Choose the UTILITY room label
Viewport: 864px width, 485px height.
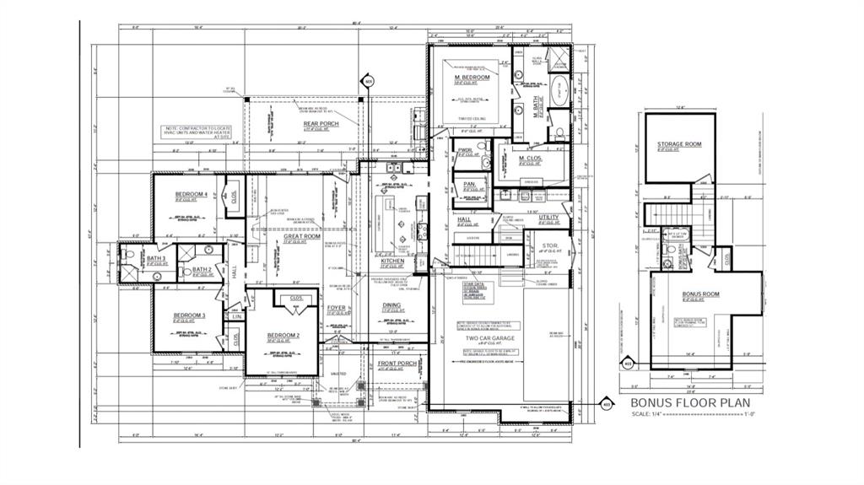[x=548, y=217]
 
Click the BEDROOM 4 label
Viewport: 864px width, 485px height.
[x=191, y=195]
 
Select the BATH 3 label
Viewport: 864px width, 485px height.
[x=157, y=258]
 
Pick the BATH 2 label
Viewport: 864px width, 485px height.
[x=201, y=269]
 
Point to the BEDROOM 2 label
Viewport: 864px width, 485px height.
[x=283, y=336]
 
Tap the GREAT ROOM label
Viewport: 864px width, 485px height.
[x=301, y=236]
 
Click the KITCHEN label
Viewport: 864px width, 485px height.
[x=393, y=261]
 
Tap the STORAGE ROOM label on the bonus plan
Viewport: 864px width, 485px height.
[x=679, y=144]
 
